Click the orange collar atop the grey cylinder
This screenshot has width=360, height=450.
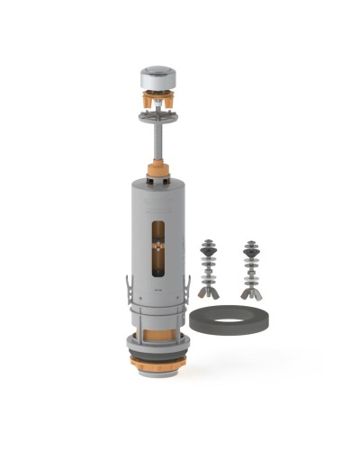point(158,170)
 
